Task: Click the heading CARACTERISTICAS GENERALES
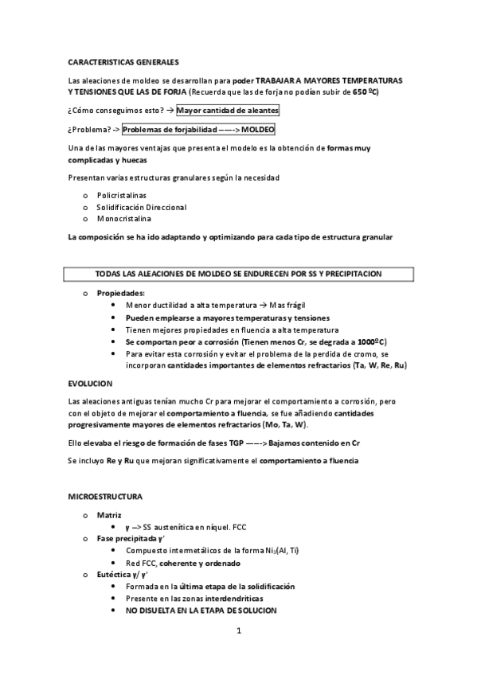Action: (123, 61)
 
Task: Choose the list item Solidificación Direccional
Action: (142, 207)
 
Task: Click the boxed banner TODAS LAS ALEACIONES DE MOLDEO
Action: (239, 274)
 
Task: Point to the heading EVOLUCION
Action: (91, 383)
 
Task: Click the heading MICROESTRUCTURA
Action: (106, 497)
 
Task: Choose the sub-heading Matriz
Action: (109, 516)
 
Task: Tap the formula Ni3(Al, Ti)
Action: (295, 551)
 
